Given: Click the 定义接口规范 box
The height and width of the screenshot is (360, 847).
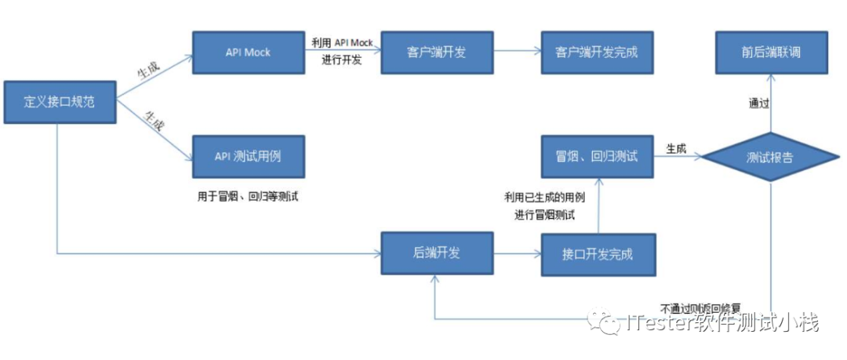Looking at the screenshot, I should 60,102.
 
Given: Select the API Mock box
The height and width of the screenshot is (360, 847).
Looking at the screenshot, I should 248,53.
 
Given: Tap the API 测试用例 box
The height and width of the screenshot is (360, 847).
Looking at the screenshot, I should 248,156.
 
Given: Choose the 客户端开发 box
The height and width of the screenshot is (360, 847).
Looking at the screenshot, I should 437,53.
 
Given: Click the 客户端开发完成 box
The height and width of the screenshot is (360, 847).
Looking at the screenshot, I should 597,53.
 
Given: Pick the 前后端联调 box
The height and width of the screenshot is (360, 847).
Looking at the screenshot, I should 770,53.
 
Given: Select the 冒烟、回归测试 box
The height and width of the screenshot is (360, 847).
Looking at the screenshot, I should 597,156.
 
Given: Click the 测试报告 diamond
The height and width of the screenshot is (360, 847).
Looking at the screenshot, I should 770,158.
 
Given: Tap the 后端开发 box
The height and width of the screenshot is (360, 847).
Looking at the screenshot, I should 437,253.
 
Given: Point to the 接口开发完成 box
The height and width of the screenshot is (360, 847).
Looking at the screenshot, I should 597,253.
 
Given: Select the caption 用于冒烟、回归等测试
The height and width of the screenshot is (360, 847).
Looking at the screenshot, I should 248,196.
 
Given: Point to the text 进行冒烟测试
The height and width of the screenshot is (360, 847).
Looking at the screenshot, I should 545,214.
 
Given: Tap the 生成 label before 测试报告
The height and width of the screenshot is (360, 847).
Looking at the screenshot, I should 677,148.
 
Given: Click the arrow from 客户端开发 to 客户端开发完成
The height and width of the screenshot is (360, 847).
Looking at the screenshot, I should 517,53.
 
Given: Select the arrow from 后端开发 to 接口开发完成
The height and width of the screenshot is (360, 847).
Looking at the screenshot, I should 517,253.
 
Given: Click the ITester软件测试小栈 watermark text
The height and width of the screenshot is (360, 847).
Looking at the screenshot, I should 722,322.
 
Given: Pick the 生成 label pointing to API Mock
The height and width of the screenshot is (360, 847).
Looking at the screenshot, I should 148,71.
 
